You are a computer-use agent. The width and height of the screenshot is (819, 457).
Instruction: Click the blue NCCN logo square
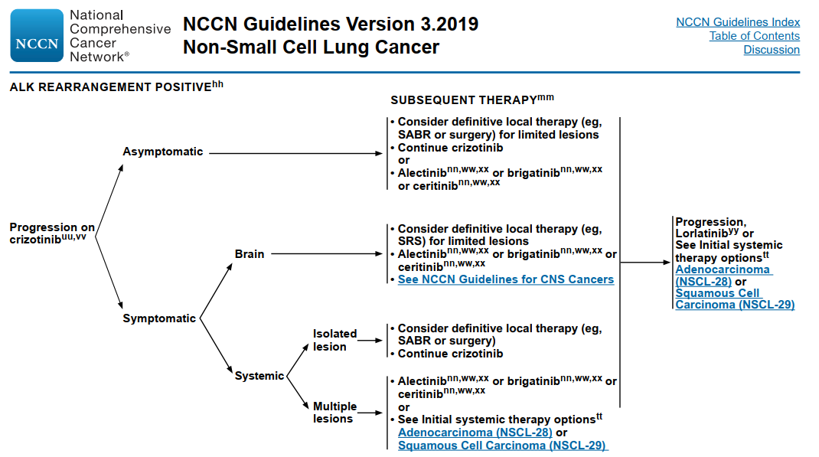pos(37,35)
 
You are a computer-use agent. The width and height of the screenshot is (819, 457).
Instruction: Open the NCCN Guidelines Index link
pos(738,22)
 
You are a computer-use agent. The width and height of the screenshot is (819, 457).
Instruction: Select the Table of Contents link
pos(754,36)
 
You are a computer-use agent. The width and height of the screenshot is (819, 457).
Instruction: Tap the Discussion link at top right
pos(772,50)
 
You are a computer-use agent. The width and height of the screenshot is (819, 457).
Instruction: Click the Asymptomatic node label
pos(162,152)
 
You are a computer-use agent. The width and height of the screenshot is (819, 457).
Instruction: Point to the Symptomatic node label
pos(158,318)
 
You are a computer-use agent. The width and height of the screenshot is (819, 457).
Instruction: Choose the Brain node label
pos(250,254)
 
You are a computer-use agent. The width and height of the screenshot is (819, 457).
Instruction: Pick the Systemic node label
pos(259,376)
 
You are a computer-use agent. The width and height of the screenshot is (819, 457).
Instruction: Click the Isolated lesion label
pos(334,340)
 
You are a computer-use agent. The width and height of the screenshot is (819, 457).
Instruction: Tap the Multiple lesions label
pos(334,413)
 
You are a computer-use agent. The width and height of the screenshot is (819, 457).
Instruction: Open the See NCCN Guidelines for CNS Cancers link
pos(506,279)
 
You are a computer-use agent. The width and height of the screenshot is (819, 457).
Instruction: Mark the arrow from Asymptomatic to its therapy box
pos(295,153)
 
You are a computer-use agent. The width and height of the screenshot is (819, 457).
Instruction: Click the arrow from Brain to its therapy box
pos(327,254)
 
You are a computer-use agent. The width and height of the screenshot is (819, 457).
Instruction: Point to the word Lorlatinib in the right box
pos(701,233)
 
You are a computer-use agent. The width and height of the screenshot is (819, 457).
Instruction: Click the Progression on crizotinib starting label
pos(52,233)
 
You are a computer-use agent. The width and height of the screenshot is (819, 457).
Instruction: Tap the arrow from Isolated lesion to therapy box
pos(370,341)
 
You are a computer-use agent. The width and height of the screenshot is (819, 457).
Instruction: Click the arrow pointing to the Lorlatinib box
pos(645,263)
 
